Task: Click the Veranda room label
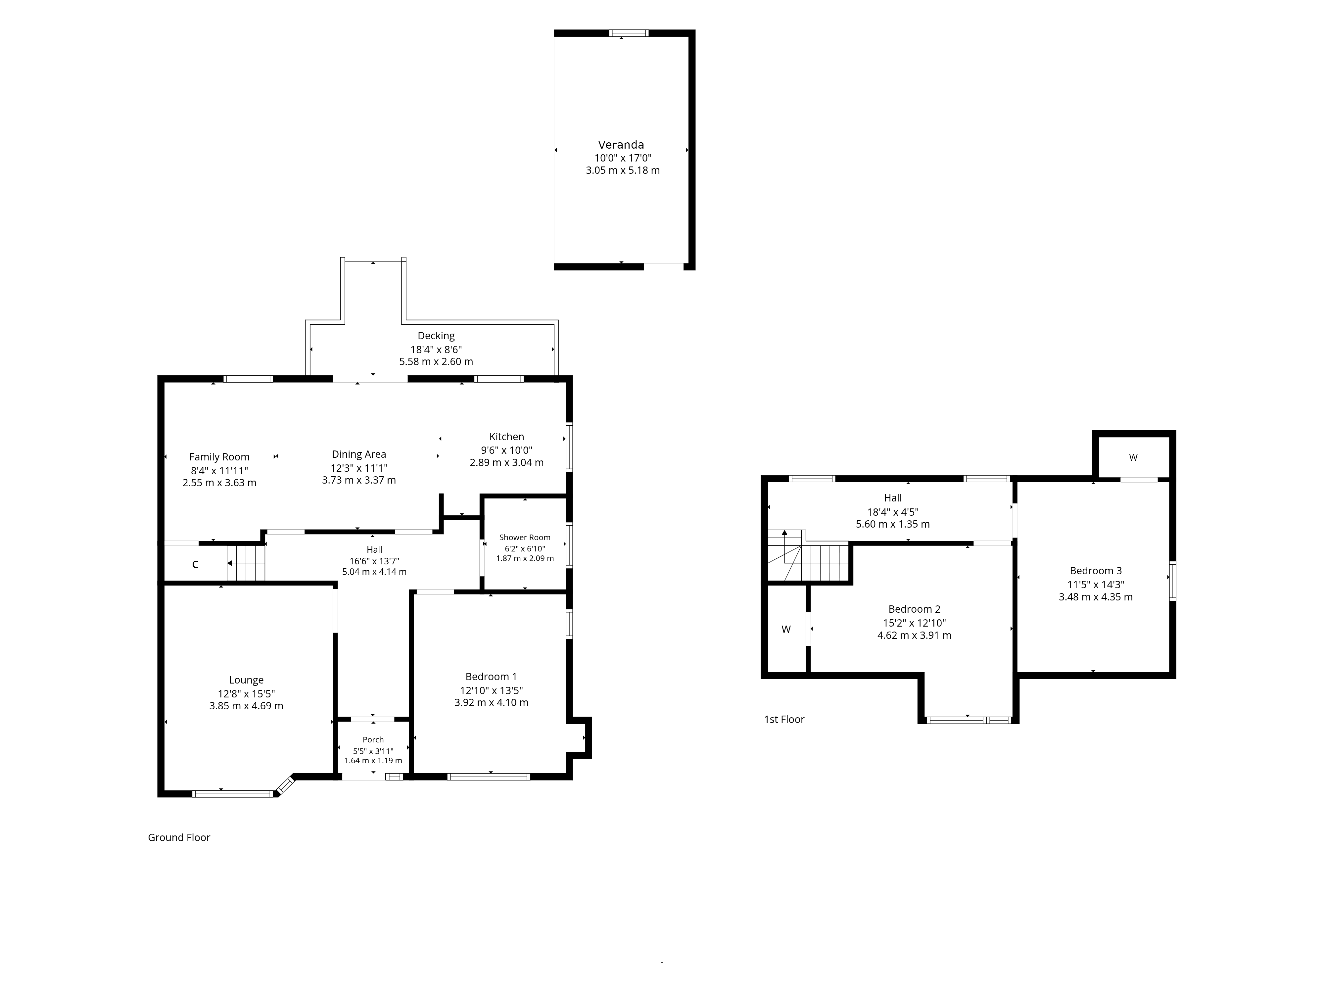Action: point(621,144)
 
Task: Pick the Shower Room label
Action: point(525,538)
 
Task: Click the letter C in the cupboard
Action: point(195,564)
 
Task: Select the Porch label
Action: point(373,740)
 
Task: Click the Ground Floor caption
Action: point(179,837)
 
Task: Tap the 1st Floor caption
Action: point(784,720)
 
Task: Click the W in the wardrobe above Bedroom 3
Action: point(1133,458)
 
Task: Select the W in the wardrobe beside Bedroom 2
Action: point(786,630)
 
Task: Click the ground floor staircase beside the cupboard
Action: point(245,563)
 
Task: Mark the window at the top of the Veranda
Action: point(629,33)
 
